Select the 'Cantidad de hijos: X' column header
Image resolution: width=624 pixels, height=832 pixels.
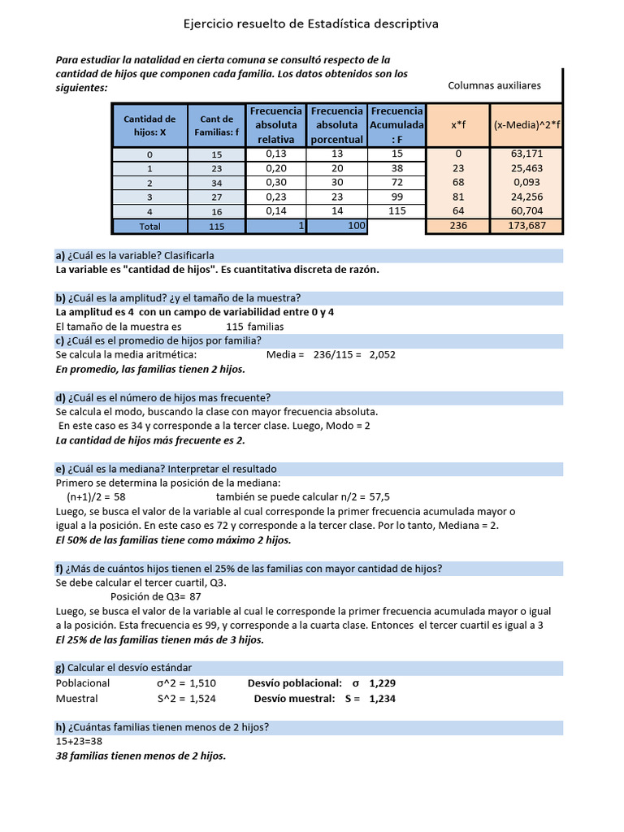[x=149, y=125]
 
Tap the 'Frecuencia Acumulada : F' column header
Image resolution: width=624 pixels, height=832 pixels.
[x=396, y=125]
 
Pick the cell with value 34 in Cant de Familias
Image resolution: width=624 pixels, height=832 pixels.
[x=216, y=183]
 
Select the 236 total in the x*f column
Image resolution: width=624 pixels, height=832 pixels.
[x=458, y=227]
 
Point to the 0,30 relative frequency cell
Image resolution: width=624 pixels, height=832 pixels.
[x=276, y=183]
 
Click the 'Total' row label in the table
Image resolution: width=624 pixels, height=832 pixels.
[x=149, y=227]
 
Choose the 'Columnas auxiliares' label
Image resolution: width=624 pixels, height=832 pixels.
[x=494, y=85]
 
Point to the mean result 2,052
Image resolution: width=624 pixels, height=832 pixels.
[x=382, y=354]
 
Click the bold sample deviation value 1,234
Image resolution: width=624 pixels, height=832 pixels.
[x=382, y=698]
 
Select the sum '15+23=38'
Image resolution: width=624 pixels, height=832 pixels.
[x=79, y=741]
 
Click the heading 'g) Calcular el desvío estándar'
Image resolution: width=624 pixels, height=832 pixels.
[x=123, y=668]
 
